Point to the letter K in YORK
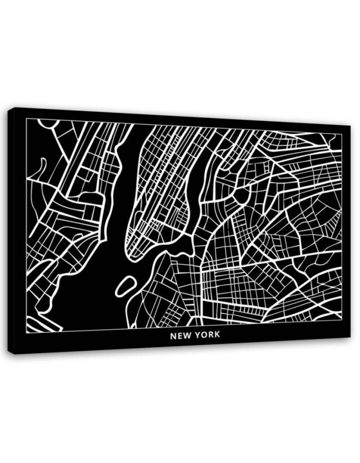point(216,335)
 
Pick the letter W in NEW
point(186,335)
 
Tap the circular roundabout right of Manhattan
point(242,194)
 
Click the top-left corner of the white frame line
point(26,119)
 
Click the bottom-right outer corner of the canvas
point(350,337)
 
